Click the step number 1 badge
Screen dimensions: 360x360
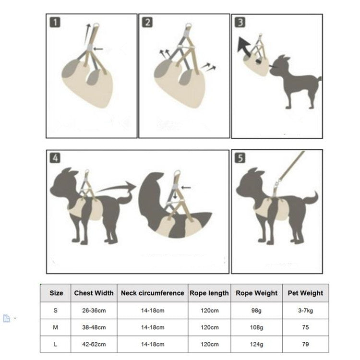click(55, 23)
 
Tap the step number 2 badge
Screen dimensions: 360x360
click(147, 23)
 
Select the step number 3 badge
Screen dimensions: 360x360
click(240, 23)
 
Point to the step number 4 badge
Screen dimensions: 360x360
click(55, 158)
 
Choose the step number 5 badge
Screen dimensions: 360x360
click(240, 158)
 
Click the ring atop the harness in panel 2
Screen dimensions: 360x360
click(189, 25)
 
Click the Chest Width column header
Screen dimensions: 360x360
click(94, 293)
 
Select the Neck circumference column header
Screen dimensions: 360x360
click(153, 293)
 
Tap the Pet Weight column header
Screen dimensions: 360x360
click(305, 293)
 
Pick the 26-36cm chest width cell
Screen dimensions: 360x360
click(94, 311)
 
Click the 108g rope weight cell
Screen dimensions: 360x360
click(256, 327)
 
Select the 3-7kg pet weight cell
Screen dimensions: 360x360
click(305, 311)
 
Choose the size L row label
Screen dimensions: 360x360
click(55, 344)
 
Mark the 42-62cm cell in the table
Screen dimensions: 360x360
click(94, 344)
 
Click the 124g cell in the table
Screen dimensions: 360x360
click(256, 344)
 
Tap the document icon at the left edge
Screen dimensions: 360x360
click(7, 318)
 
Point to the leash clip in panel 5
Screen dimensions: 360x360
click(277, 184)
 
